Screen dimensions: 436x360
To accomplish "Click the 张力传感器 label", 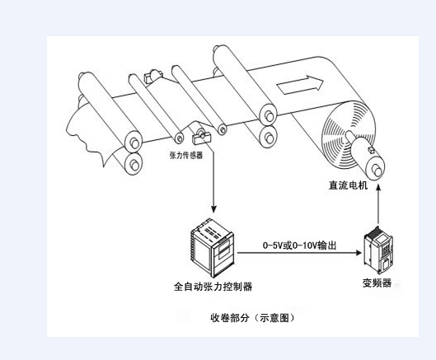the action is point(186,155).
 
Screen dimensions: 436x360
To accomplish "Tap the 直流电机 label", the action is point(348,185).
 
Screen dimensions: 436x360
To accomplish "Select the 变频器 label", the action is point(377,283).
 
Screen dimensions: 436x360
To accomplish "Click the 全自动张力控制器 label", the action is point(213,287).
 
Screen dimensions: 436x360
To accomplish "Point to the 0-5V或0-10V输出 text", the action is point(299,245).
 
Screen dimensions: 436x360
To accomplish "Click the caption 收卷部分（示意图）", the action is point(252,317).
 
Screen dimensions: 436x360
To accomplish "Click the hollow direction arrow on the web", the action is point(300,85).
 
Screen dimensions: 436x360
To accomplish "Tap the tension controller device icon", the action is point(212,248).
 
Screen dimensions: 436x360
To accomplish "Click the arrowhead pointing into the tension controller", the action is point(213,208).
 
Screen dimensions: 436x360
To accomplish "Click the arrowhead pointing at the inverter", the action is point(359,253).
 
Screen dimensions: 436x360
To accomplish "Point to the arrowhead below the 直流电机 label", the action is point(378,187).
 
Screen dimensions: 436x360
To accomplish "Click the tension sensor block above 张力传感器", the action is point(201,137).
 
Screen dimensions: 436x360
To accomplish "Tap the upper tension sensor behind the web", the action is point(152,76).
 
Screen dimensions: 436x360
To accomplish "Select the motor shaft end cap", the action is point(376,169).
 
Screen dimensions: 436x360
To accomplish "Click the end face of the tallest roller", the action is point(269,115).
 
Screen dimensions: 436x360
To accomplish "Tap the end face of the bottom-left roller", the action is point(134,164).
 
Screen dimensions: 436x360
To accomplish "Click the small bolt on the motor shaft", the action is point(371,150).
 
